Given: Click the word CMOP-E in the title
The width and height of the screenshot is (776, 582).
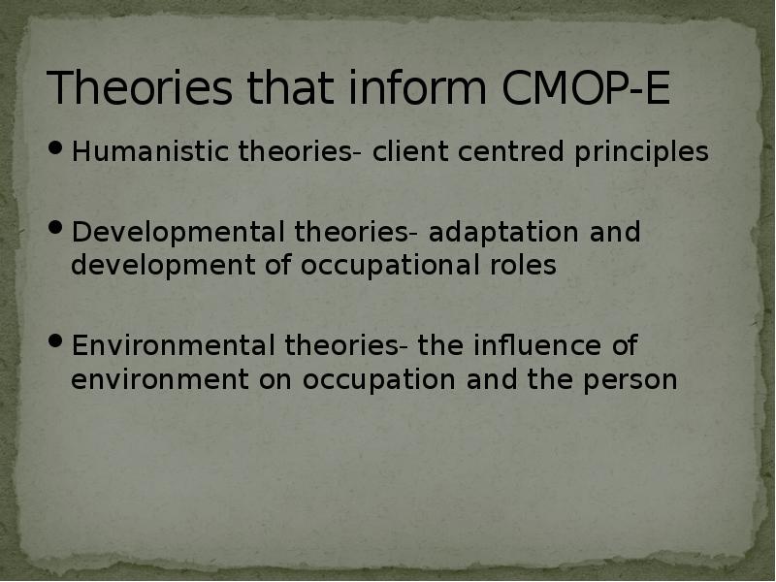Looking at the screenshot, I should pos(587,88).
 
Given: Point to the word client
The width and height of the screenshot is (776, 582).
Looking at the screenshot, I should pos(401,152).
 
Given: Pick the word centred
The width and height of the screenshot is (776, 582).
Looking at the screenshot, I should pos(497,152).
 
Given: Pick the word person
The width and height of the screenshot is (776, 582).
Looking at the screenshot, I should pos(630,379).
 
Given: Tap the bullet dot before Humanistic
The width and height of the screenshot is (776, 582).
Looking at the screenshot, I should pos(56,151).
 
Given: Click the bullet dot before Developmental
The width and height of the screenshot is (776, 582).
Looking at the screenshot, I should pos(56,232).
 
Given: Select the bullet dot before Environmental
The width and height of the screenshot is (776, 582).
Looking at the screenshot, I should pos(56,344).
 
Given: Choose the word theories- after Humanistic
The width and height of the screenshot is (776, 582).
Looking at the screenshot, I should pos(301,152).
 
